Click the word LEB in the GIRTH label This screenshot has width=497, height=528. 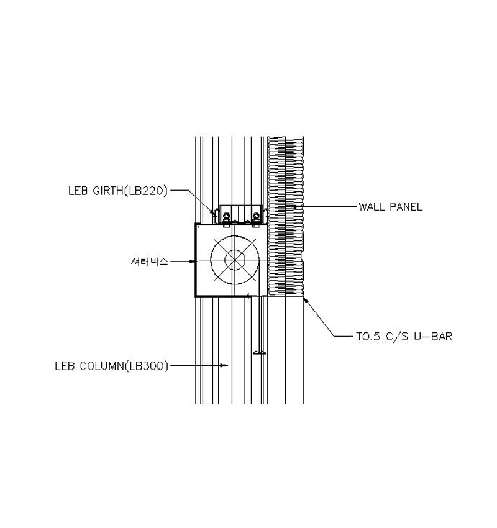78,191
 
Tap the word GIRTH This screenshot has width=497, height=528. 107,191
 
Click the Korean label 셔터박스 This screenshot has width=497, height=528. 149,262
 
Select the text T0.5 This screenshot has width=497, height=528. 368,337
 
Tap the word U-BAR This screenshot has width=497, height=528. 433,337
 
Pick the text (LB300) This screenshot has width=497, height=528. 146,366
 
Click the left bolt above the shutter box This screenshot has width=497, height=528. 226,216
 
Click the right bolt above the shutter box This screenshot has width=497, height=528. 256,216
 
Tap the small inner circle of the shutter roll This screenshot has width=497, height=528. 235,260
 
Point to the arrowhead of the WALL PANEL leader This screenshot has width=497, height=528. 294,206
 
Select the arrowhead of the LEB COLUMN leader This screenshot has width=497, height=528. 224,365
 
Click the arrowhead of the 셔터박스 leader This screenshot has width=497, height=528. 192,262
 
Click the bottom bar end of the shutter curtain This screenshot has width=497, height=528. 259,353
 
